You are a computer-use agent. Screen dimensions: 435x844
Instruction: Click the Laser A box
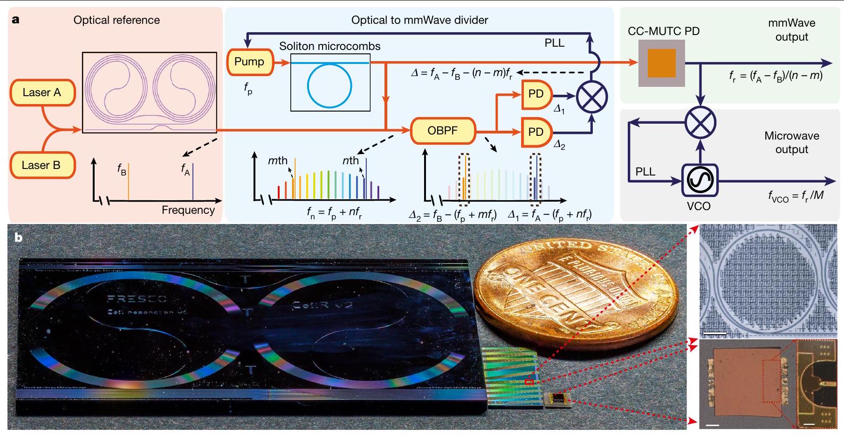click(42, 92)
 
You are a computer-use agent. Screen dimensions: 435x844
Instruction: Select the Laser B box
click(42, 165)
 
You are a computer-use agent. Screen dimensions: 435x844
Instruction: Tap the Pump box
click(249, 62)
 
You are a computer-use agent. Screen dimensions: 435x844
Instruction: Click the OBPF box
click(443, 131)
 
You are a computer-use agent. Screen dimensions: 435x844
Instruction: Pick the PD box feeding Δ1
click(536, 94)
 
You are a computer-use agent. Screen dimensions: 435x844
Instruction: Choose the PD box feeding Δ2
click(536, 133)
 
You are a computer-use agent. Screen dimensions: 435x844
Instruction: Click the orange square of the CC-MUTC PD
click(661, 63)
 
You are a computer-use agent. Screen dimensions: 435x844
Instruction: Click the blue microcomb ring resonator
click(329, 86)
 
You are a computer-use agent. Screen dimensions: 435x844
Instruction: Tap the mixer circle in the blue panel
click(592, 98)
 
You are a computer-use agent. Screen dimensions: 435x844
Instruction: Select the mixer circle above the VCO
click(700, 122)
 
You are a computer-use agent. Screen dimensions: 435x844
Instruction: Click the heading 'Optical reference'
click(117, 20)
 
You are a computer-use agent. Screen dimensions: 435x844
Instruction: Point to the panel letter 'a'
click(16, 20)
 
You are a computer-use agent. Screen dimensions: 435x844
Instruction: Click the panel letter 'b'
click(18, 238)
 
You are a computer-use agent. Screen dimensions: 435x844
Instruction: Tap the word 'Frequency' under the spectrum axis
click(188, 210)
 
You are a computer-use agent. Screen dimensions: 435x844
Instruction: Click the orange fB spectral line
click(128, 182)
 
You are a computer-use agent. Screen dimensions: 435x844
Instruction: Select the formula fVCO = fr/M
click(796, 196)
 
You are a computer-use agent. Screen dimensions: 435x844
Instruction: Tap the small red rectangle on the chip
click(529, 382)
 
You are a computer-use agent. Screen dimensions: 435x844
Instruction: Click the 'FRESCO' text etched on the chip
click(137, 299)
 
